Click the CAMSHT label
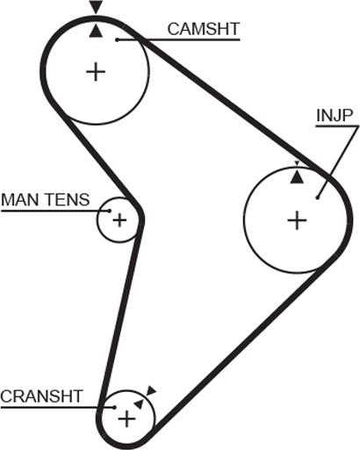(204, 29)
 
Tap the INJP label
(335, 116)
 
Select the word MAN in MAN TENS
(21, 200)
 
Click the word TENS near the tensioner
(68, 200)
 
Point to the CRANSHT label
(41, 396)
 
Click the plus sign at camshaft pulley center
(96, 71)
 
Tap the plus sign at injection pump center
(297, 220)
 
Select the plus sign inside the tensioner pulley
(119, 220)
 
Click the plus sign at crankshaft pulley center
(126, 419)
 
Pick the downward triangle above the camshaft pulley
(96, 6)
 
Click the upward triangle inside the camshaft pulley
(96, 31)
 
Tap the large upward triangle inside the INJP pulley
(297, 177)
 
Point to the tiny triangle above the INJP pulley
(297, 163)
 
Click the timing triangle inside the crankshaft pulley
(139, 404)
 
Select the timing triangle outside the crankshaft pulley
(151, 390)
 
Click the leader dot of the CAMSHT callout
(117, 40)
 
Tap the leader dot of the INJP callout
(317, 198)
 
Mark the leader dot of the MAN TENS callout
(110, 211)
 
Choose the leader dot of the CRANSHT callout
(115, 407)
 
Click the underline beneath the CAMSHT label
(178, 39)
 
